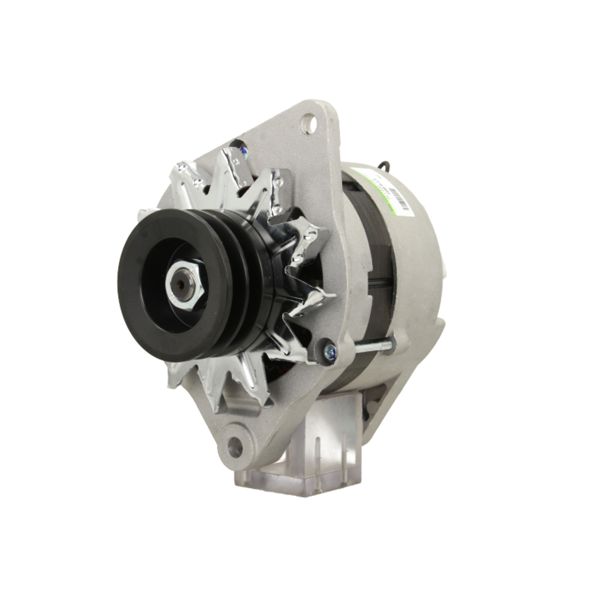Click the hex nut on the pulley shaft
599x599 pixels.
coord(193,288)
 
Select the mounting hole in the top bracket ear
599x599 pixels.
coord(309,124)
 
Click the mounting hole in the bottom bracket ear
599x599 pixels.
coord(235,446)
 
